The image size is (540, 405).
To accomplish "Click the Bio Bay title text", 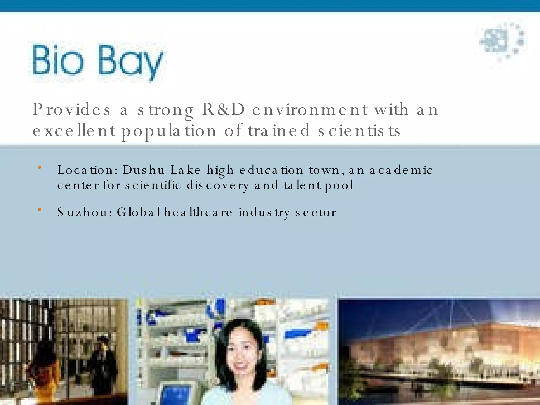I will tap(98, 62).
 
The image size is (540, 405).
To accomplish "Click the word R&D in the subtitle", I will tap(224, 109).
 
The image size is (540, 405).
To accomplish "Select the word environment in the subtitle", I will tap(310, 109).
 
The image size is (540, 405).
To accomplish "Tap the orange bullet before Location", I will tap(40, 167).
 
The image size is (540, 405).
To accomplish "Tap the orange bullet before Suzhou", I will tap(40, 210).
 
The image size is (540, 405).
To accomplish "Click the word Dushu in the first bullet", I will tap(143, 170).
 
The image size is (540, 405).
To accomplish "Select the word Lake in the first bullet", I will tap(185, 170).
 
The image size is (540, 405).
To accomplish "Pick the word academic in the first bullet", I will tap(401, 170).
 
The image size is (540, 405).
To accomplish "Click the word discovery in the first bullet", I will tap(218, 185).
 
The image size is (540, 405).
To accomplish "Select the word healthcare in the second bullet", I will tap(198, 213).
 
